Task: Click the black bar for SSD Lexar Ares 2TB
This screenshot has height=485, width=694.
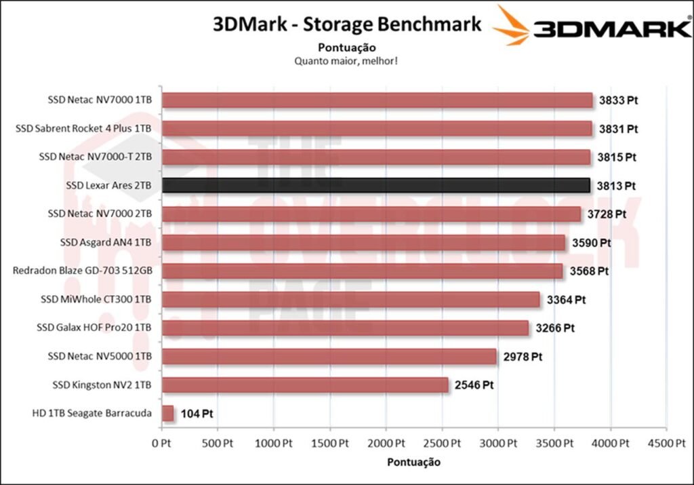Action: [376, 185]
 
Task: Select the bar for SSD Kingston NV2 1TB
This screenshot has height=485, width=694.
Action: [305, 385]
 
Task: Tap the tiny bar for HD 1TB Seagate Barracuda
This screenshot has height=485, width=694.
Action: [168, 413]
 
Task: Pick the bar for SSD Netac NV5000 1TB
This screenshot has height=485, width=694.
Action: [329, 356]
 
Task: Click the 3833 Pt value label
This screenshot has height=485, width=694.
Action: [618, 100]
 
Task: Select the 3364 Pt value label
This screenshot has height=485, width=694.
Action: [566, 299]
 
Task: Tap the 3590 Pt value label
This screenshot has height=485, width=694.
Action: [591, 242]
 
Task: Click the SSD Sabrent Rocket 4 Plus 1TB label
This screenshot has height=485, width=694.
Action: [83, 128]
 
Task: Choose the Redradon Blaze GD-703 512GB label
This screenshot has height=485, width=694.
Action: [82, 271]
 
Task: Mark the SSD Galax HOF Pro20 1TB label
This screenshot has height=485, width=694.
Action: [94, 328]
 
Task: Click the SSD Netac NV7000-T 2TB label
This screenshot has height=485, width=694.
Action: [96, 157]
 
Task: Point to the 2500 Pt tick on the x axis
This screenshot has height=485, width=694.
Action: [442, 443]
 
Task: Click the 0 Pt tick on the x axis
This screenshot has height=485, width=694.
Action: [161, 443]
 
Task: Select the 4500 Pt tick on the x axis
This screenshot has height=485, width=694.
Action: [666, 443]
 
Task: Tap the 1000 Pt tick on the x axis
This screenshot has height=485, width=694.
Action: [274, 443]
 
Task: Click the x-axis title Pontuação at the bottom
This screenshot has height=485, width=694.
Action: [413, 462]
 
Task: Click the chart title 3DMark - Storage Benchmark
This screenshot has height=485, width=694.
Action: [347, 24]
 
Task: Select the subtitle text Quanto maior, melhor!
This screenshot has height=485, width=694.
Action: [346, 61]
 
